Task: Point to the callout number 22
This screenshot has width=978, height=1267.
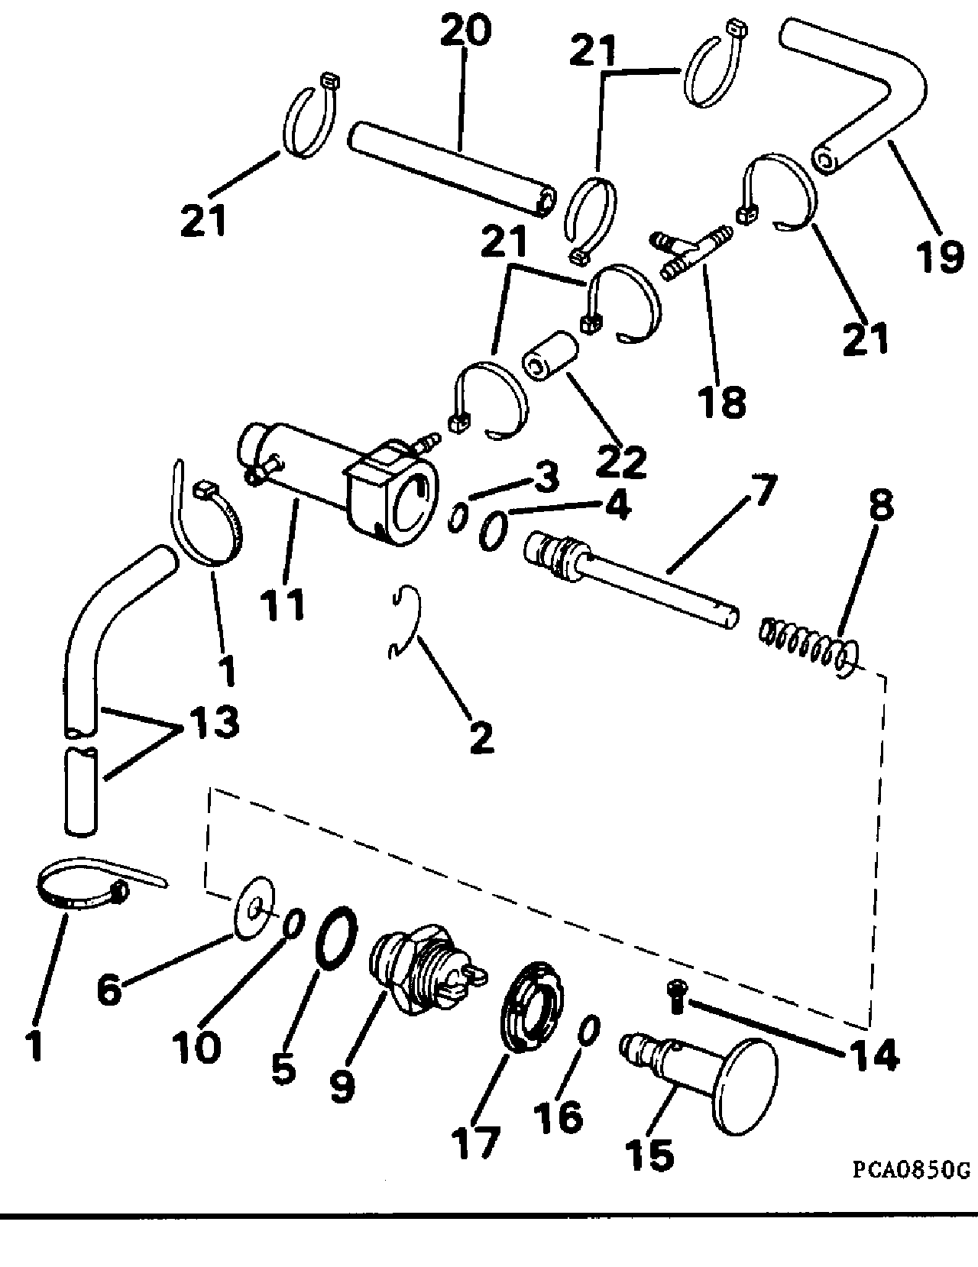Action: pos(622,462)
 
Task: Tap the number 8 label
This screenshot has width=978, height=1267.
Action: pos(881,504)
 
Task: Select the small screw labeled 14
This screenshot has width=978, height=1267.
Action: pos(677,996)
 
